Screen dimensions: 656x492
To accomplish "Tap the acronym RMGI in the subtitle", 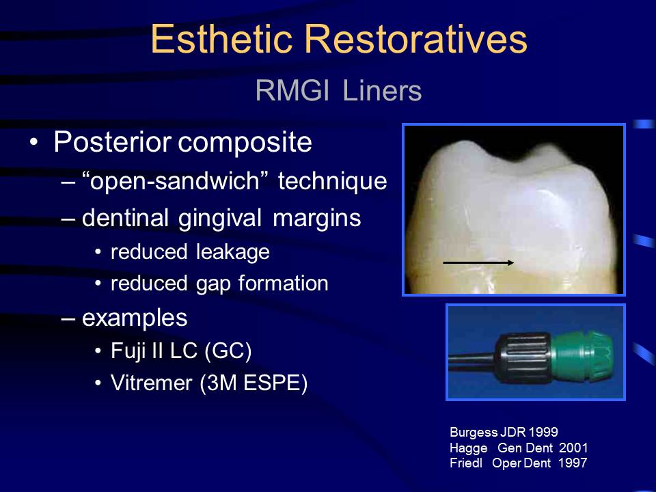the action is (292, 90).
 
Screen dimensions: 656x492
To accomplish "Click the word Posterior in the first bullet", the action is (113, 141).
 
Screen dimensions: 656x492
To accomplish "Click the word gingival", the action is (219, 219).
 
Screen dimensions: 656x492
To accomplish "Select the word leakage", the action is (233, 252).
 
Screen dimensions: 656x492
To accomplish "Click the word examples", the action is (135, 318).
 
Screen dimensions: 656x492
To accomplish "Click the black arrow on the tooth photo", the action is (478, 262).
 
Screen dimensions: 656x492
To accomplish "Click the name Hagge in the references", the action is (469, 448).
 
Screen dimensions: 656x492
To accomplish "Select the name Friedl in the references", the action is (466, 463).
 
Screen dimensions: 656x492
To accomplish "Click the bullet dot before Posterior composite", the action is (33, 142).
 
